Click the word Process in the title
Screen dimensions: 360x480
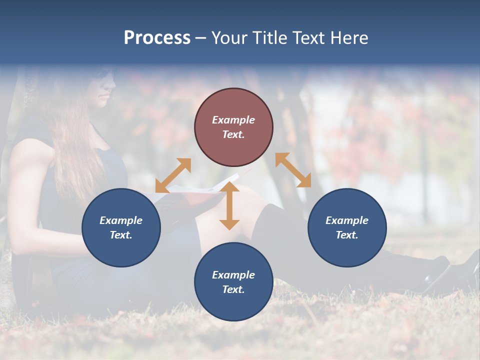pyautogui.click(x=157, y=38)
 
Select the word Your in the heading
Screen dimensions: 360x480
pyautogui.click(x=229, y=38)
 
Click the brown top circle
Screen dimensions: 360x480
pyautogui.click(x=233, y=127)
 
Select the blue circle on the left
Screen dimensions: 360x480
pyautogui.click(x=121, y=227)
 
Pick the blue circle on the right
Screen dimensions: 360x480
pyautogui.click(x=347, y=227)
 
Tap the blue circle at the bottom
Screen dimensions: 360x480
pyautogui.click(x=233, y=281)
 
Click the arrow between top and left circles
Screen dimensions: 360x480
pyautogui.click(x=173, y=175)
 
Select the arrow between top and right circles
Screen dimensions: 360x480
pyautogui.click(x=293, y=170)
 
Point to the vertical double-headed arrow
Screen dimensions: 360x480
pyautogui.click(x=229, y=206)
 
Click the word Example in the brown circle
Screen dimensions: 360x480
pyautogui.click(x=233, y=120)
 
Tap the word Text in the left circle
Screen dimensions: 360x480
pyautogui.click(x=120, y=235)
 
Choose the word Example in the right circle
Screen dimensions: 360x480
pyautogui.click(x=347, y=220)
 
